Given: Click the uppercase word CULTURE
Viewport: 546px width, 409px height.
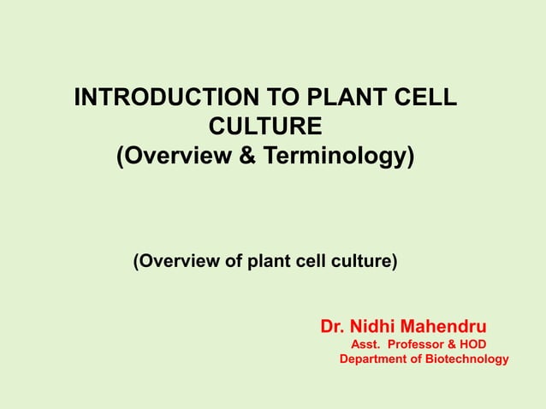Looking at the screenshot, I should click(266, 128).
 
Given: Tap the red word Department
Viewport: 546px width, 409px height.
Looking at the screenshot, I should click(373, 359).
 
